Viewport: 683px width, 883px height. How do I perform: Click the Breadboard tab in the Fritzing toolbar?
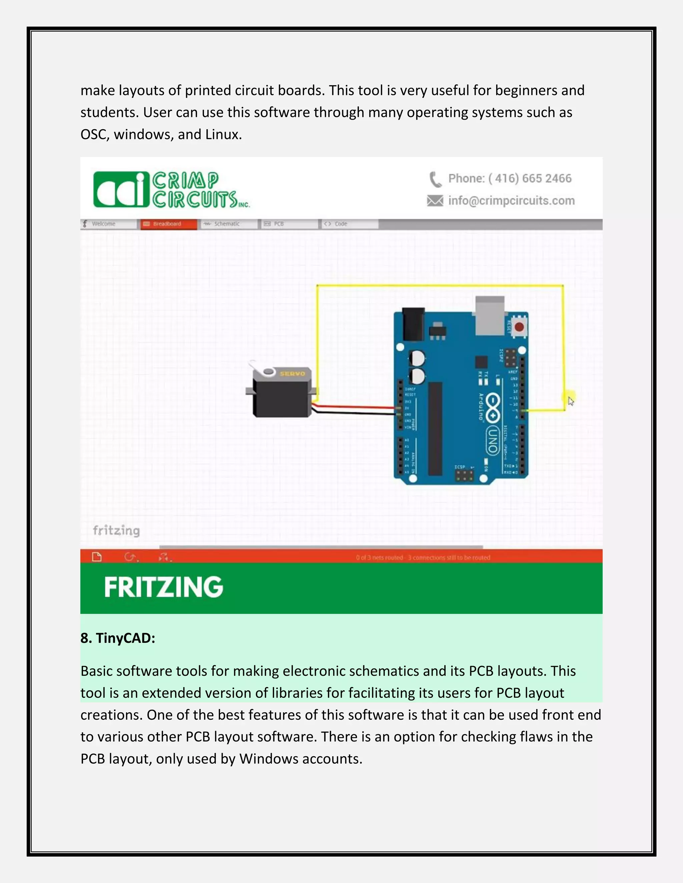[168, 224]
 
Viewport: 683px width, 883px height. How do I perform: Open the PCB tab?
[279, 224]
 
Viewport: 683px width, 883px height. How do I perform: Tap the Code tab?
[341, 224]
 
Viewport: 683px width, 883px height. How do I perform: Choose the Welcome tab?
[104, 224]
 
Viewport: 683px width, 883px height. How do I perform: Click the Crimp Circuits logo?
[171, 189]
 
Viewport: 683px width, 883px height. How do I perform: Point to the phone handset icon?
[435, 179]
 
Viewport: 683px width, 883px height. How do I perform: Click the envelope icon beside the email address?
[435, 201]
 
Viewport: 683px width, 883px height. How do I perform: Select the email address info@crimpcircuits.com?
[512, 201]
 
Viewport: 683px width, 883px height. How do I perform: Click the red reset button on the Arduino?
[519, 327]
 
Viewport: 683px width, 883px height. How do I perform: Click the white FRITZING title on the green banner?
[163, 587]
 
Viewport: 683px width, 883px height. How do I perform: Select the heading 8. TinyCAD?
[118, 638]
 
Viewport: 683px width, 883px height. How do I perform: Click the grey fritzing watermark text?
[116, 530]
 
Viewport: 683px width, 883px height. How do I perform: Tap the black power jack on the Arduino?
[413, 324]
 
